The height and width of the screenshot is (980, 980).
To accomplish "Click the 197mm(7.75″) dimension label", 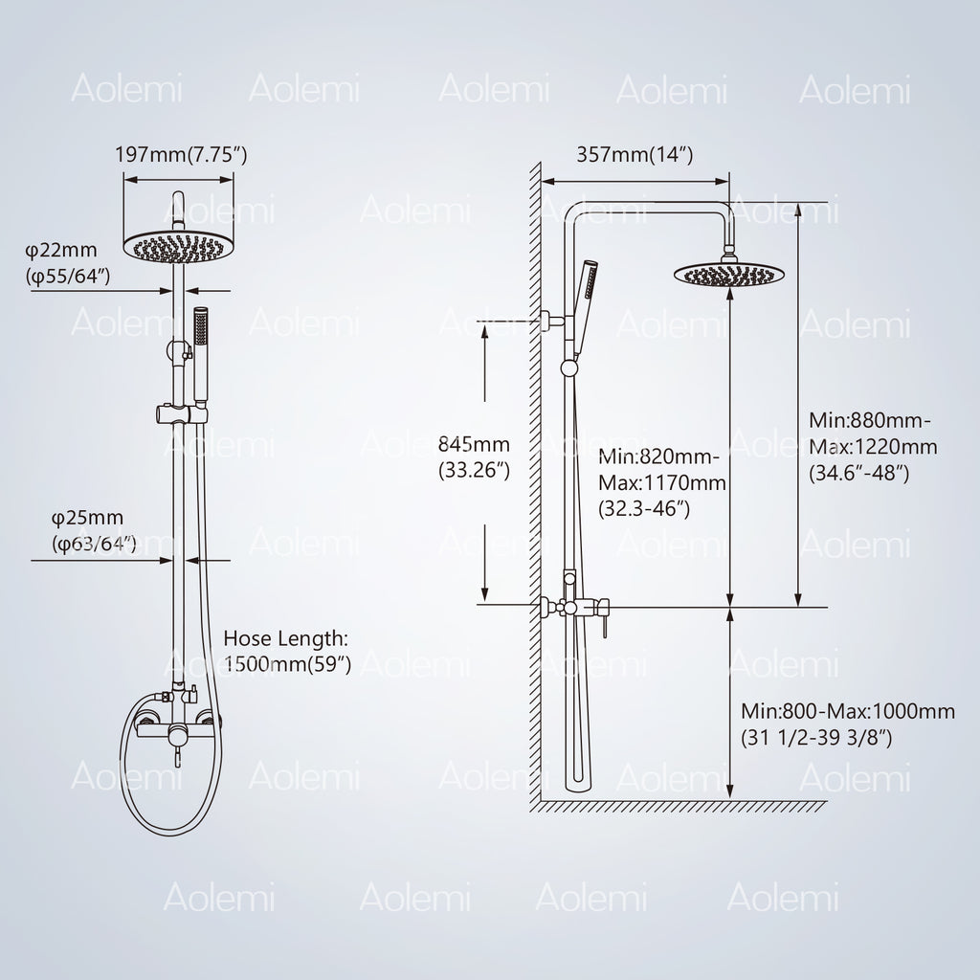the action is pos(181,154).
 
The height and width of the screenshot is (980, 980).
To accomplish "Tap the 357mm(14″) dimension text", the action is pos(635,154).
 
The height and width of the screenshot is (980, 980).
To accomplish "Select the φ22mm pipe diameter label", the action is pos(61,250).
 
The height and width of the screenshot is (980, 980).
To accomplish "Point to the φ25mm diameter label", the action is pos(87,518).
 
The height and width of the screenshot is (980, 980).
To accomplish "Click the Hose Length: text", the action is pos(286,638).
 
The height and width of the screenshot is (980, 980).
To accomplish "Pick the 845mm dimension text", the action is pos(474,444).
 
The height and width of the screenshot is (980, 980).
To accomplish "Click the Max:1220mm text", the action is pos(873,447).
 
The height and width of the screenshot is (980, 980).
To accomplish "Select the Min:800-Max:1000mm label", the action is pos(848,711).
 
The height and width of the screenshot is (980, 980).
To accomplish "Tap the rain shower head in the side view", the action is pos(728,274).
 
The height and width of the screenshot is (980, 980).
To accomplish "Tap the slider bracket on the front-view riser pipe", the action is pos(181,413).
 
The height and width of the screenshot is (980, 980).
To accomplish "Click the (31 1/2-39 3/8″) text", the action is pos(816,738).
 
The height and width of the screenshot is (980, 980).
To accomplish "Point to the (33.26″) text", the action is pos(475,470).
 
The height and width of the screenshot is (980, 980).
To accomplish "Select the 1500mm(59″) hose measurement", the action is pos(287,664).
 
